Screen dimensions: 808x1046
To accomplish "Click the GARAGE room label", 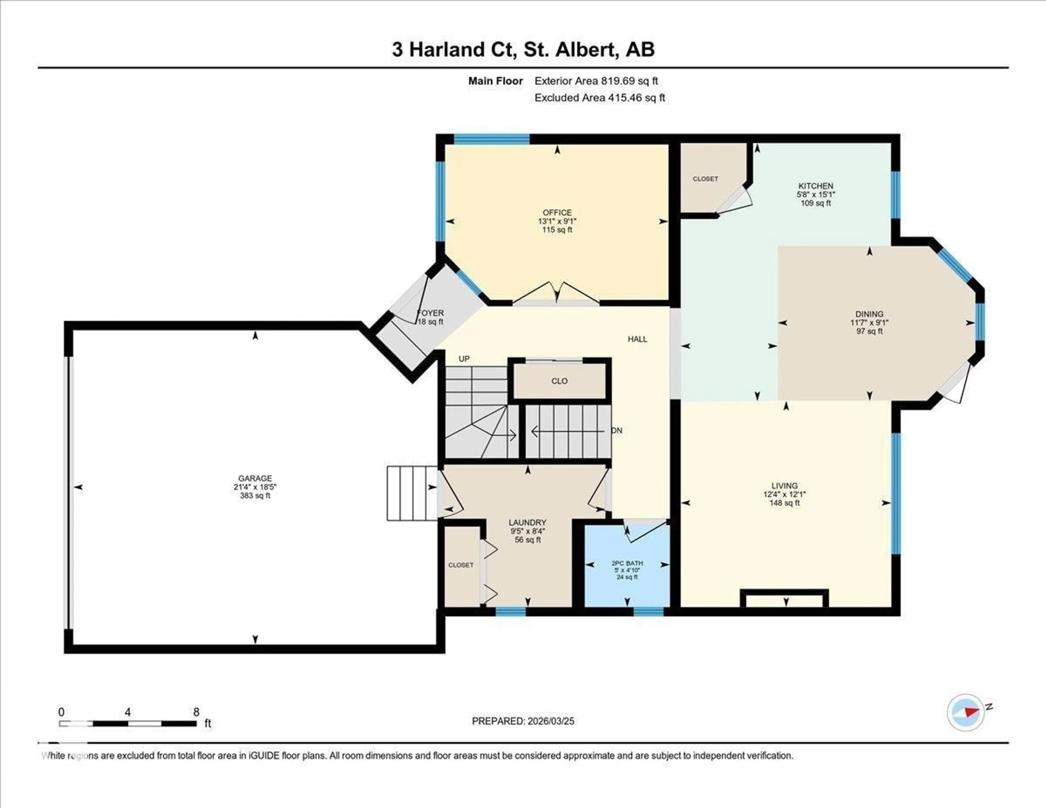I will pyautogui.click(x=255, y=478).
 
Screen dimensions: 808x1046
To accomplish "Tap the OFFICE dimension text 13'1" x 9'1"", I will pyautogui.click(x=557, y=221).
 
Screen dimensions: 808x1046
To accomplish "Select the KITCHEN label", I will pyautogui.click(x=816, y=186).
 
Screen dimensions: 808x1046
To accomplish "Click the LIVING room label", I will pyautogui.click(x=784, y=485).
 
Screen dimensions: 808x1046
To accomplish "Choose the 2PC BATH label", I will pyautogui.click(x=627, y=563).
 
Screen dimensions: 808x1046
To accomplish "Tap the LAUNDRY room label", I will pyautogui.click(x=527, y=523).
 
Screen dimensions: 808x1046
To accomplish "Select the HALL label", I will pyautogui.click(x=637, y=339).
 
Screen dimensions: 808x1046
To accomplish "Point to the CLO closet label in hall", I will pyautogui.click(x=560, y=381).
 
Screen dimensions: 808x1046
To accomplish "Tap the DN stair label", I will pyautogui.click(x=617, y=431).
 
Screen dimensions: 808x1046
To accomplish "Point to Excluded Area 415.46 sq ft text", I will pyautogui.click(x=600, y=98).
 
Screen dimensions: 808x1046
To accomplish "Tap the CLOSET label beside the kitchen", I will pyautogui.click(x=705, y=179).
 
